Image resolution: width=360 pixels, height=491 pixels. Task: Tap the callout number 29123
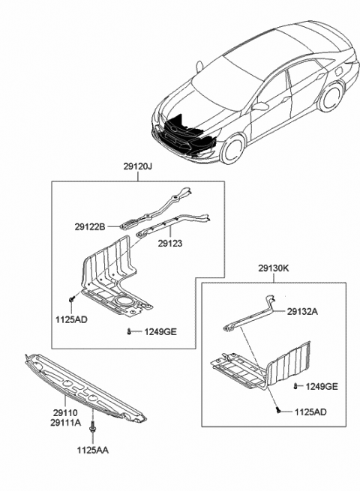point(170,244)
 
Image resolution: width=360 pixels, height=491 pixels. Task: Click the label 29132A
point(304,312)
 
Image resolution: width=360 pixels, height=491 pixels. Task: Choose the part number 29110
point(43,412)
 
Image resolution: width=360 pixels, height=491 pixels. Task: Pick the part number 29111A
point(46,422)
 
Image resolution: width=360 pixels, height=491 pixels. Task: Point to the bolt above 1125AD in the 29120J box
point(71,300)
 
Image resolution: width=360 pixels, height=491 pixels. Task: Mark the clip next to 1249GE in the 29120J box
point(130,331)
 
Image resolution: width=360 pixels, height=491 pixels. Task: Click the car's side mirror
point(262,106)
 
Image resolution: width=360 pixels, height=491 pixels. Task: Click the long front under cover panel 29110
point(86,384)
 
